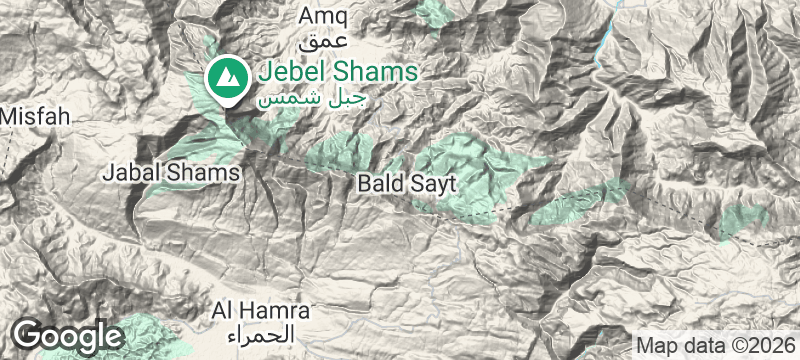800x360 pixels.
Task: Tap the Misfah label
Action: pyautogui.click(x=35, y=116)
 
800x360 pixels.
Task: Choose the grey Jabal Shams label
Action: pyautogui.click(x=172, y=173)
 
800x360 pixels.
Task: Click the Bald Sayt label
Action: pyautogui.click(x=406, y=185)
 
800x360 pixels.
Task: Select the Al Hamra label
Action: pyautogui.click(x=259, y=310)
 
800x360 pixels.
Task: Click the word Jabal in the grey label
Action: pyautogui.click(x=128, y=173)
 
